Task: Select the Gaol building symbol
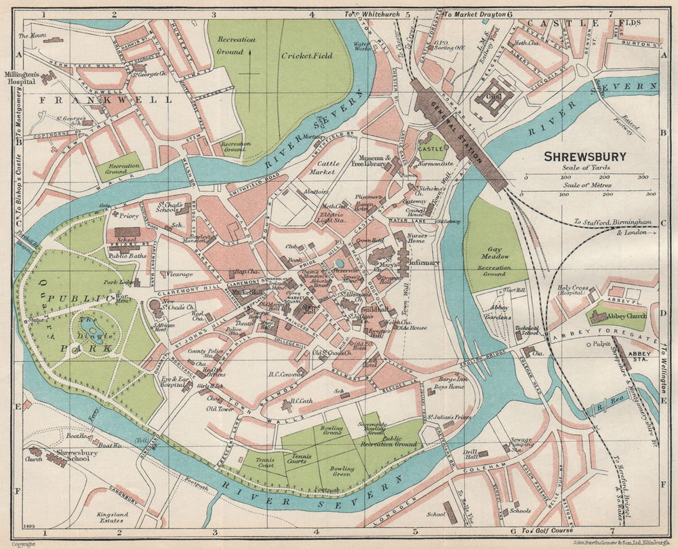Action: pos(494,98)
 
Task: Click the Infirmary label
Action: pos(424,262)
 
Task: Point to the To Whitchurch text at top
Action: pos(373,14)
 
